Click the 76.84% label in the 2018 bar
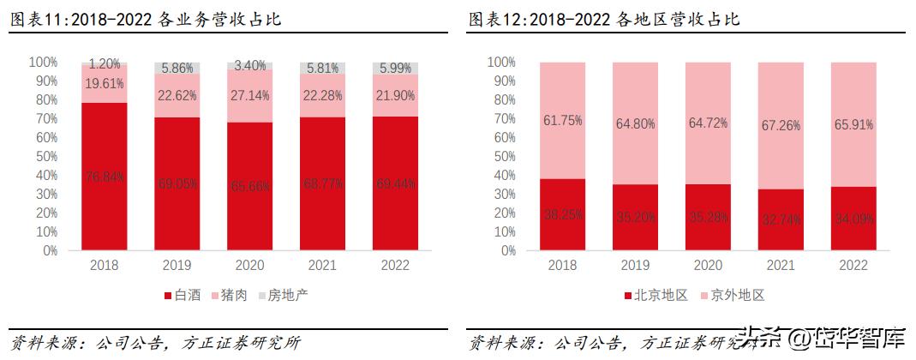point(105,177)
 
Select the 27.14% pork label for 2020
point(250,94)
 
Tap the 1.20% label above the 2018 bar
point(105,63)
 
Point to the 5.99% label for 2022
point(395,69)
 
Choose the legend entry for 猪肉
point(228,295)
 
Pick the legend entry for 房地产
point(281,295)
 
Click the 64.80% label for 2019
point(634,124)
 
